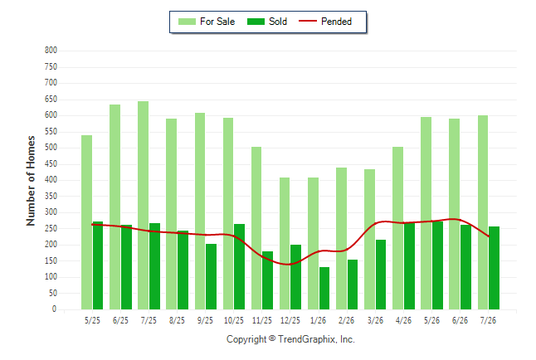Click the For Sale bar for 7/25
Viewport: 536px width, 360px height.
point(144,205)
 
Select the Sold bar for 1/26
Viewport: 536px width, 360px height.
point(324,288)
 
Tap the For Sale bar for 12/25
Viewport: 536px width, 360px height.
point(285,243)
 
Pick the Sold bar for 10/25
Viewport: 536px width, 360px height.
point(239,266)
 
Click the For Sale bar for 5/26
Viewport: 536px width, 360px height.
point(426,213)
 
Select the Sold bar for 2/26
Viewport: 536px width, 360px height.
point(353,285)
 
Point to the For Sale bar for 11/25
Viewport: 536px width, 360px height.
point(256,228)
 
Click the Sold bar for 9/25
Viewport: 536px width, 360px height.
point(212,276)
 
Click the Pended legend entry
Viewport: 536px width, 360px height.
point(325,22)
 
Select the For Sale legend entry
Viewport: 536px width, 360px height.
point(207,22)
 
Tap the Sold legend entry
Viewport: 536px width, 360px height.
point(267,22)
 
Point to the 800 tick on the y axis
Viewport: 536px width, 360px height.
point(51,51)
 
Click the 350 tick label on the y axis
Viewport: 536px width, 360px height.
point(51,196)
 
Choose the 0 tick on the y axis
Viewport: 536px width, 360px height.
point(54,309)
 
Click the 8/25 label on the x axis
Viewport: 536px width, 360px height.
point(177,320)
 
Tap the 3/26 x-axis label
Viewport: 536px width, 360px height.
point(375,320)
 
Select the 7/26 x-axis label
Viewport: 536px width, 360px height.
point(488,320)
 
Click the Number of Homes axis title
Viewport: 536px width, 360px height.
point(31,181)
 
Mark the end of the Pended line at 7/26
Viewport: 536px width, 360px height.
point(489,236)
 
